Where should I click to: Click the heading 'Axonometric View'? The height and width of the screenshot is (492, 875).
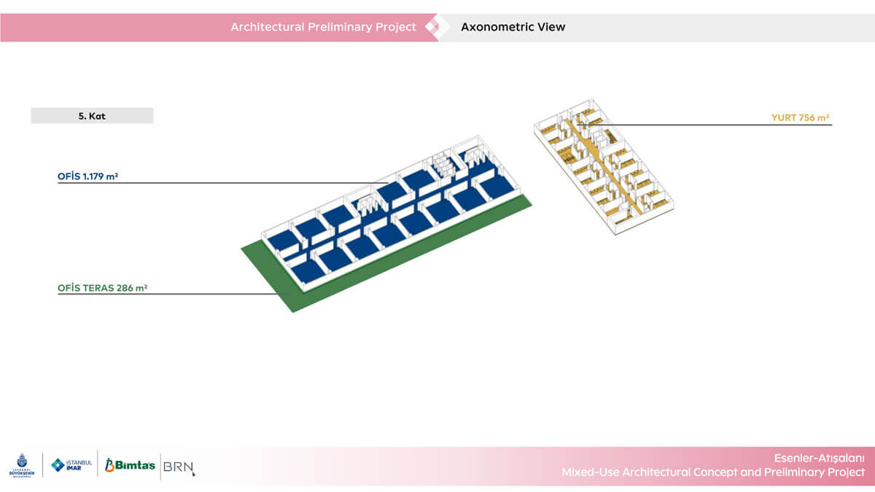[513, 27]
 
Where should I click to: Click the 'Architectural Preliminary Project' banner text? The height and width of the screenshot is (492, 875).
[324, 27]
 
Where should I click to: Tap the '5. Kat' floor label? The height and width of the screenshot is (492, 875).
[92, 116]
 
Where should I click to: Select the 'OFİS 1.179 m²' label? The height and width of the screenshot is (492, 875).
[88, 176]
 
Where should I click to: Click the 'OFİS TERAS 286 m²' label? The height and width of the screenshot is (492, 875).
[102, 288]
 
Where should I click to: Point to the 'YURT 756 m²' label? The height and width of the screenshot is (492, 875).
[801, 117]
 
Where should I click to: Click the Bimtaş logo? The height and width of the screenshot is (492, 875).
[130, 465]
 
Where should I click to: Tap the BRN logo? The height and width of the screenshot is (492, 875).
[179, 467]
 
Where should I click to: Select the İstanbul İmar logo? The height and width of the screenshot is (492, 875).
[72, 465]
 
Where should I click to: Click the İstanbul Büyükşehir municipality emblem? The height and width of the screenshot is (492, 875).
[22, 465]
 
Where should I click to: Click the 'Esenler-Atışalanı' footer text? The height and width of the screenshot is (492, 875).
[819, 458]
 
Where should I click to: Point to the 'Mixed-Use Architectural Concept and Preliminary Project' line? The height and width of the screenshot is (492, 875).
[713, 472]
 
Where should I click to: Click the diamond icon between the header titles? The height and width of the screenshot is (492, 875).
[432, 27]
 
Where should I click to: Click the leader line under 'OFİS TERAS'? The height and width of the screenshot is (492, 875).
[174, 294]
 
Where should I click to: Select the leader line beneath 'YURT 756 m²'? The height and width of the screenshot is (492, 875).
[704, 125]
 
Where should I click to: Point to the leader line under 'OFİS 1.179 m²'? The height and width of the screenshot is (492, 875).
[223, 183]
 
